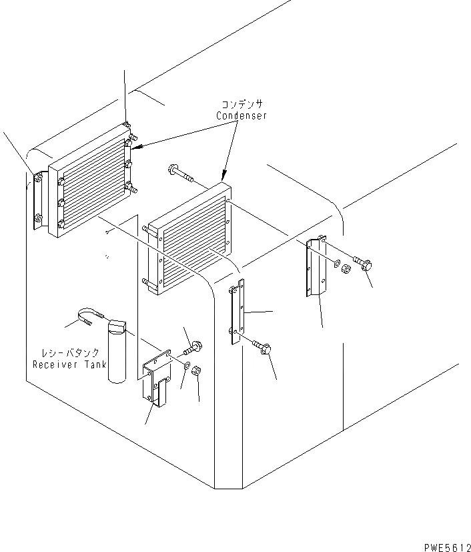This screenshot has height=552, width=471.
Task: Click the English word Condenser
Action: (x=241, y=115)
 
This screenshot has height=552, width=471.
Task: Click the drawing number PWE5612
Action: (x=447, y=545)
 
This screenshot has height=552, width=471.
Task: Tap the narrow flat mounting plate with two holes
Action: (x=236, y=311)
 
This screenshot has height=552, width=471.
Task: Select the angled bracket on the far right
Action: (x=316, y=267)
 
